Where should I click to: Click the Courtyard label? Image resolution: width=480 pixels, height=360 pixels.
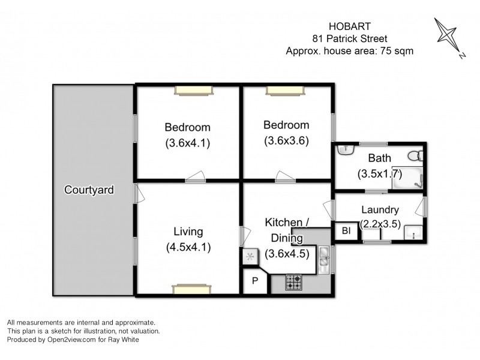click(89, 190)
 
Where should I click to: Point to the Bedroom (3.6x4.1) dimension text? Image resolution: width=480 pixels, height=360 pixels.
click(188, 143)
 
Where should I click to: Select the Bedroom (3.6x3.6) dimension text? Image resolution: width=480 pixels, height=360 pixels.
click(287, 142)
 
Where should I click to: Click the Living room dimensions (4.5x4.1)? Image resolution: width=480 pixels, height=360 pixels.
click(188, 246)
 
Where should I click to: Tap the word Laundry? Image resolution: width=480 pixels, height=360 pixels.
click(380, 210)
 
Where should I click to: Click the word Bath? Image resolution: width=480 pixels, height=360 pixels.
click(380, 158)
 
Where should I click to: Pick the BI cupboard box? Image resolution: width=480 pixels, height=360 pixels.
click(346, 231)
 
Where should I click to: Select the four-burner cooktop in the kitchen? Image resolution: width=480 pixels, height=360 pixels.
click(294, 282)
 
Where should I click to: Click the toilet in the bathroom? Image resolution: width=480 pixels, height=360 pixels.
click(413, 156)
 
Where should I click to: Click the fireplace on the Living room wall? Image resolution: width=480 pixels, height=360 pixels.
click(190, 289)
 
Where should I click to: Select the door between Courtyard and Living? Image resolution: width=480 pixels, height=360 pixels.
click(137, 193)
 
